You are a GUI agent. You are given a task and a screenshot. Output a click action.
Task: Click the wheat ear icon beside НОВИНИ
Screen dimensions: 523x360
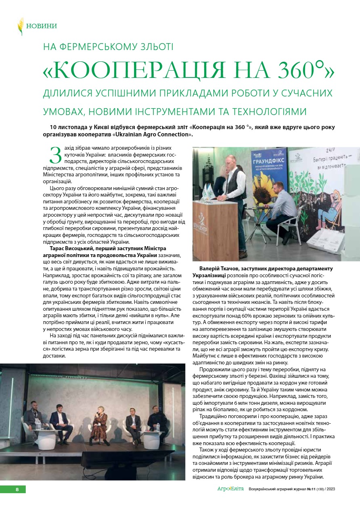click(20, 26)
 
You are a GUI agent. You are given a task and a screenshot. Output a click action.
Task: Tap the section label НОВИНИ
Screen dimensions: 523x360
click(41, 26)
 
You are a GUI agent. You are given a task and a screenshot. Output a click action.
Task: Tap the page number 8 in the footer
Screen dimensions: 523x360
click(17, 490)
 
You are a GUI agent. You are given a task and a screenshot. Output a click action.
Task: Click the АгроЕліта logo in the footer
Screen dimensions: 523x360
click(230, 489)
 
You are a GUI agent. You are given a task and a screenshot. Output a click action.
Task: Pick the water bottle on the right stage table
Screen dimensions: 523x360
click(158, 427)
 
